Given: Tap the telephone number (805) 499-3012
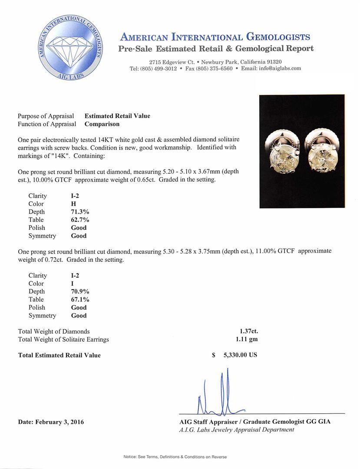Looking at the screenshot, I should point(153,69).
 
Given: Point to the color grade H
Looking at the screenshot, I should point(73,204).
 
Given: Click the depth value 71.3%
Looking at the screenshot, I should point(80,212).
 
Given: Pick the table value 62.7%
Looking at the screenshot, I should point(80,220).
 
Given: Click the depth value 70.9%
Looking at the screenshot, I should point(80,291).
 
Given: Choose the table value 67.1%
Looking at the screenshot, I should point(80,300).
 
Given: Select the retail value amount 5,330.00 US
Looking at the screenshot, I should point(240,355).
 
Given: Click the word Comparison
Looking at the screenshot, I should point(102,124).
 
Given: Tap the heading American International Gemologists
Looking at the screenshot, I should point(215,37).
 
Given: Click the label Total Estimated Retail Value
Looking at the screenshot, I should point(59,355).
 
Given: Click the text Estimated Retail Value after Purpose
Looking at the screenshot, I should point(117,116).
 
